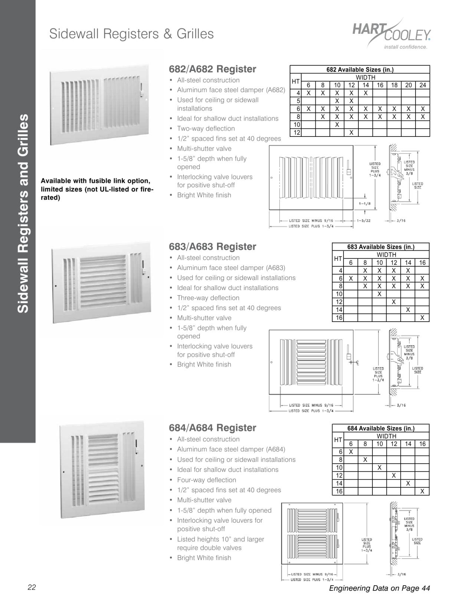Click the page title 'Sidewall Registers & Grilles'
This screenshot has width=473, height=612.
click(x=131, y=34)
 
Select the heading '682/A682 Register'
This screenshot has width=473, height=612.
click(x=212, y=69)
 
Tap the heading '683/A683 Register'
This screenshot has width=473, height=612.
click(x=212, y=247)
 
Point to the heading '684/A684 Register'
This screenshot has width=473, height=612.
click(x=212, y=428)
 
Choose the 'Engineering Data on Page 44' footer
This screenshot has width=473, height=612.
click(x=379, y=588)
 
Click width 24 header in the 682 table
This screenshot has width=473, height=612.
click(x=423, y=85)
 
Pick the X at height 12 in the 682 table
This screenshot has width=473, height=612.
click(x=351, y=132)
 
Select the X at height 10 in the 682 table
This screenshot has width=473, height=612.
click(x=337, y=125)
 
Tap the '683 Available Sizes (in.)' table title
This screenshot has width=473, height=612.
click(x=381, y=247)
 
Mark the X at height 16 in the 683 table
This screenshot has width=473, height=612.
click(x=422, y=317)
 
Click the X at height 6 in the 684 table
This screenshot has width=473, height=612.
click(x=351, y=452)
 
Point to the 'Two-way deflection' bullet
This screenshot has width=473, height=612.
click(x=206, y=129)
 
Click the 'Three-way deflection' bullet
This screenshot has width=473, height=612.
click(x=208, y=298)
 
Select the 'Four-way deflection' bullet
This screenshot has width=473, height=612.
click(x=206, y=480)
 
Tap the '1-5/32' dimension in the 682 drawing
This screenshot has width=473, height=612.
click(x=364, y=221)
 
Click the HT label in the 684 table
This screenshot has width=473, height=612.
click(x=338, y=440)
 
